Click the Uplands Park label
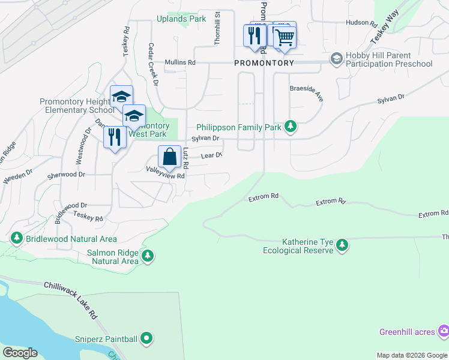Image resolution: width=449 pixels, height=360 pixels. point(181,19)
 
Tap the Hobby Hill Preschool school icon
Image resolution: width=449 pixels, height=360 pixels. point(336,59)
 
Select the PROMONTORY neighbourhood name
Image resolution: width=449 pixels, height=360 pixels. point(264,63)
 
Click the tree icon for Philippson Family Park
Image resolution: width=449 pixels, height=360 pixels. point(291,126)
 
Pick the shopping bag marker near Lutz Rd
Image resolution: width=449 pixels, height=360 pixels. point(170,157)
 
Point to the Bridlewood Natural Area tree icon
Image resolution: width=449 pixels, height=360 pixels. point(16,238)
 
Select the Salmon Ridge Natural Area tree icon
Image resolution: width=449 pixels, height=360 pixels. point(148,257)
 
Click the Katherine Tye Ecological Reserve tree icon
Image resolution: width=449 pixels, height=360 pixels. point(342,245)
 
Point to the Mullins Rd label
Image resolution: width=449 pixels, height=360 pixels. point(180,62)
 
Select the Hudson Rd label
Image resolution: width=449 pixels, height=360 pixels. point(361,24)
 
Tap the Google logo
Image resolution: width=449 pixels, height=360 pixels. point(20,352)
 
